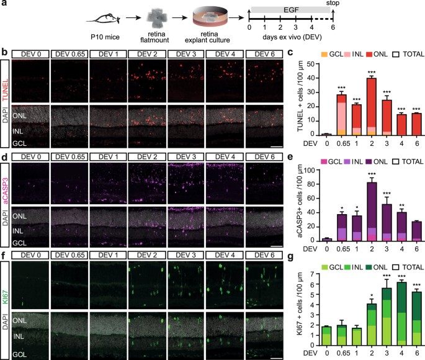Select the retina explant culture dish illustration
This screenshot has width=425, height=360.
[x=205, y=20]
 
